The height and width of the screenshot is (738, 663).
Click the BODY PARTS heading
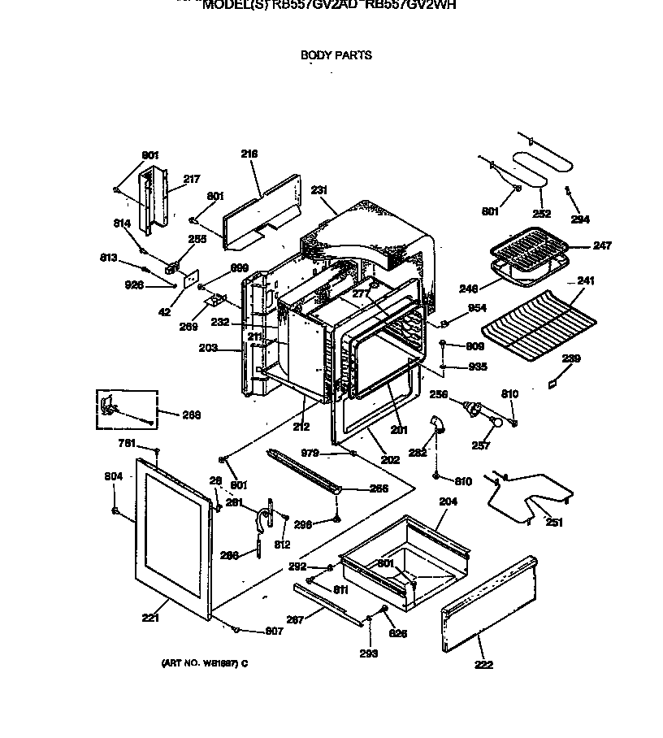pos(336,55)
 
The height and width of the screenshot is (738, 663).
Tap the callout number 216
pos(249,154)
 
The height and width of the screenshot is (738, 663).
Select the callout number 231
pos(319,190)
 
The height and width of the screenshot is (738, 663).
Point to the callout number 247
pos(602,245)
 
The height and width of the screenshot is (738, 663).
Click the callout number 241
pos(586,281)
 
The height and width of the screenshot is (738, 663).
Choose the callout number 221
pos(150,618)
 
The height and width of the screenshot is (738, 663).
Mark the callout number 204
pos(448,501)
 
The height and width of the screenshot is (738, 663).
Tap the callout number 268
pos(192,415)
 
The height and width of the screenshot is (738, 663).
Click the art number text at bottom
pos(204,663)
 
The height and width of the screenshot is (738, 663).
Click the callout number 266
pos(379,489)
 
